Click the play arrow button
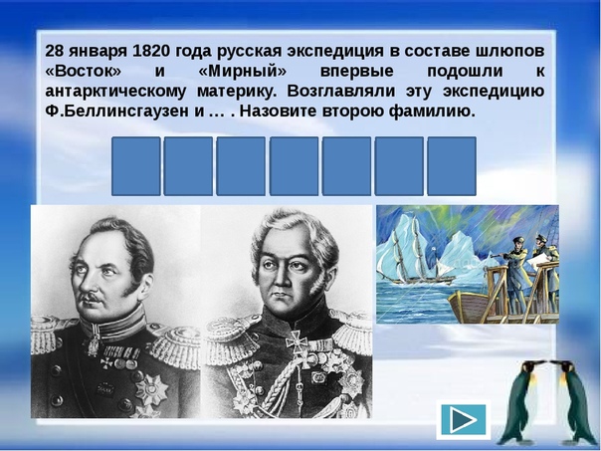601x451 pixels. tap(463, 420)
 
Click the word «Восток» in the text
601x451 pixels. tap(84, 72)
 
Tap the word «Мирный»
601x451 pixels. tap(243, 72)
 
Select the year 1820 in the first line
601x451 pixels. tap(150, 51)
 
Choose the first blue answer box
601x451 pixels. tap(136, 166)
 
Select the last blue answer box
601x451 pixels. tap(452, 166)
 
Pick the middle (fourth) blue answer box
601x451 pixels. tap(294, 166)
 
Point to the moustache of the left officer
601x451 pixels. tap(91, 298)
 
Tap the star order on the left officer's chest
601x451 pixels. tap(152, 389)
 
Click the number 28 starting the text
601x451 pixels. tap(54, 51)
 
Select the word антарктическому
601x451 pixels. tap(115, 92)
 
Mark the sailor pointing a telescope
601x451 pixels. tap(518, 269)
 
